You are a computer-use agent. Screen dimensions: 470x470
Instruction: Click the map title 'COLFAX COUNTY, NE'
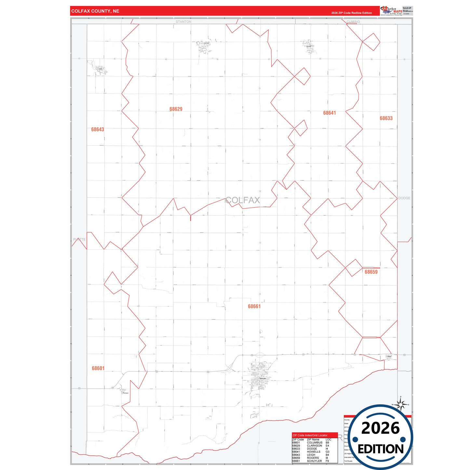coord(95,11)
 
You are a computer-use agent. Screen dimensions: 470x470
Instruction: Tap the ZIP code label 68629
coord(176,109)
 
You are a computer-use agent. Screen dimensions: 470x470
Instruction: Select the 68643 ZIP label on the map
coord(98,129)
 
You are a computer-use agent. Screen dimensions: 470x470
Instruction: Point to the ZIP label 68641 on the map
coord(329,113)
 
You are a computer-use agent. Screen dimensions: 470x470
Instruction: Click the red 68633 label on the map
coord(386,118)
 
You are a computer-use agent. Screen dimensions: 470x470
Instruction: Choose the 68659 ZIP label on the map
coord(371,272)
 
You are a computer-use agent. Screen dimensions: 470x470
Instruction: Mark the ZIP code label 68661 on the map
coord(254,306)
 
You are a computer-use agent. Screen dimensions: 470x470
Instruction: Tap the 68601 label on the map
coord(98,368)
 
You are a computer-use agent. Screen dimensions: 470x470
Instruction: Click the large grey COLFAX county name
coord(243,200)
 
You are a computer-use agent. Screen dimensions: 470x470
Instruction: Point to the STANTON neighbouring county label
coord(183,22)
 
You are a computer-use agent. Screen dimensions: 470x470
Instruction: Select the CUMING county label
coord(353,22)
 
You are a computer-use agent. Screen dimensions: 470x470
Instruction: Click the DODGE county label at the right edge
coord(404,198)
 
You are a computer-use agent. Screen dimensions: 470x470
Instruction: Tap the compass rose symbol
coord(401,404)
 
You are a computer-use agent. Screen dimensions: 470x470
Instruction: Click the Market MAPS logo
coord(391,11)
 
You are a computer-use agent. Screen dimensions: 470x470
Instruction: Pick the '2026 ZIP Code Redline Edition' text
coord(352,13)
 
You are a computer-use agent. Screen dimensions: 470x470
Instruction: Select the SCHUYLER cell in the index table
coord(315,461)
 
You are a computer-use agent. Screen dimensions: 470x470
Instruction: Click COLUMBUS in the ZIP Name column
coord(315,443)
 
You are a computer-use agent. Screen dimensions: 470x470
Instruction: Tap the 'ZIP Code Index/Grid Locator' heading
coord(310,435)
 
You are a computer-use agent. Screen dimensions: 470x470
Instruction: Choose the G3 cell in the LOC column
coord(328,452)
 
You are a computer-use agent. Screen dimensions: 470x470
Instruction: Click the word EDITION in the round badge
coord(381,449)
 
